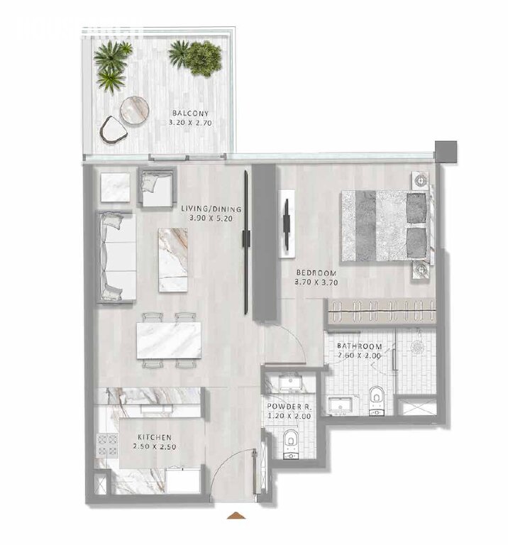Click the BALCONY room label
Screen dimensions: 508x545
tap(190, 114)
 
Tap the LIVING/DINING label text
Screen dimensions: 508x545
tap(211, 209)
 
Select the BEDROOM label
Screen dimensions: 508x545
tap(316, 273)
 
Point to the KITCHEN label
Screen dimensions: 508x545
tap(155, 437)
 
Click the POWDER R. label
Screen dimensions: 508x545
tap(289, 407)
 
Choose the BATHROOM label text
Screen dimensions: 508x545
tap(359, 346)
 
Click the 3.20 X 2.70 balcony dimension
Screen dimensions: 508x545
tap(190, 123)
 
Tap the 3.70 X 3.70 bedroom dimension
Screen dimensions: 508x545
tap(316, 282)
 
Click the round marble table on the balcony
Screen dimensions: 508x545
tap(135, 110)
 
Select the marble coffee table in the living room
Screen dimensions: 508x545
tap(173, 260)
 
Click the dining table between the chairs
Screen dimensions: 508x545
tap(169, 341)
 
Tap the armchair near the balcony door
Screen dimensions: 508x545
tap(157, 187)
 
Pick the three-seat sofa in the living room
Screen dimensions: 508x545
tap(116, 256)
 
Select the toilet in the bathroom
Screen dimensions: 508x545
tap(376, 400)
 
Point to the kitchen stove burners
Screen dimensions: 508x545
tap(107, 445)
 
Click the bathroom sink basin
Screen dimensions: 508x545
tap(341, 405)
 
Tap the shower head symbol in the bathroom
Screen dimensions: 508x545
tap(416, 346)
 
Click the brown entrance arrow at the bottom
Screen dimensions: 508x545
tap(236, 515)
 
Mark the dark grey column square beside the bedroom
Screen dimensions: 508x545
tap(446, 151)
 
